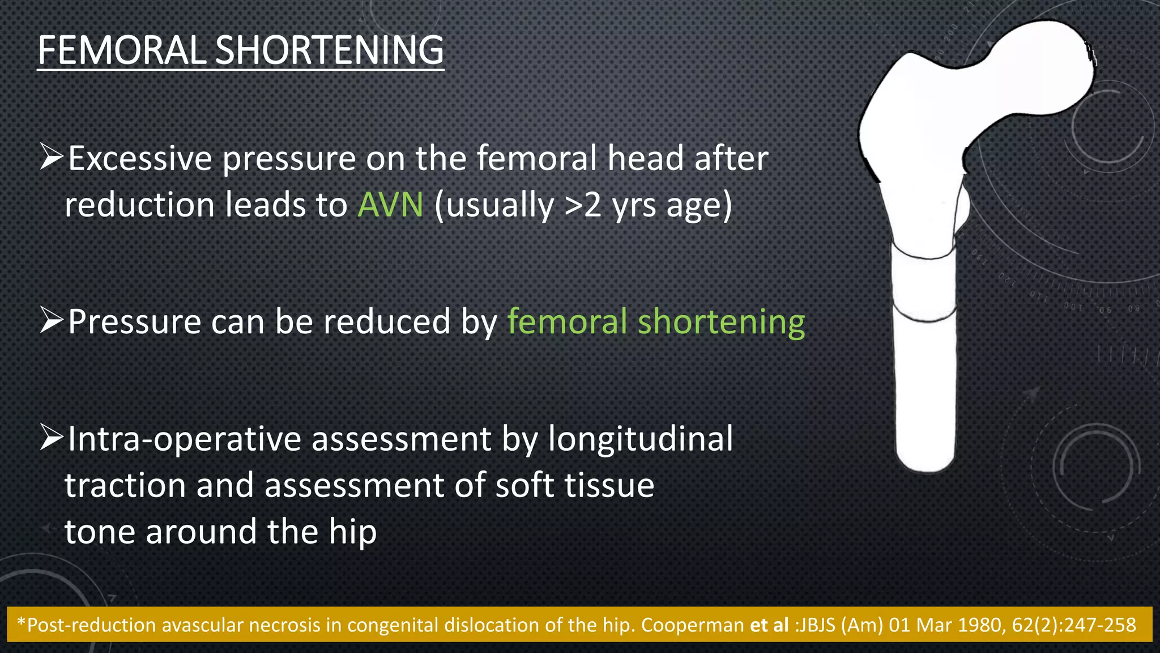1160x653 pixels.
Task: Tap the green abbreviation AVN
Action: click(390, 205)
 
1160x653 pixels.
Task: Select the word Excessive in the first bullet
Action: click(140, 158)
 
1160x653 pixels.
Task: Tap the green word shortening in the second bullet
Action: click(721, 321)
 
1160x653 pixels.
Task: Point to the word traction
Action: click(125, 486)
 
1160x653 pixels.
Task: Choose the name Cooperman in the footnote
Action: click(692, 625)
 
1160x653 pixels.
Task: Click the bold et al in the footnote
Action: click(769, 625)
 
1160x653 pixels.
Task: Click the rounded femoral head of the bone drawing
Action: click(1048, 62)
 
